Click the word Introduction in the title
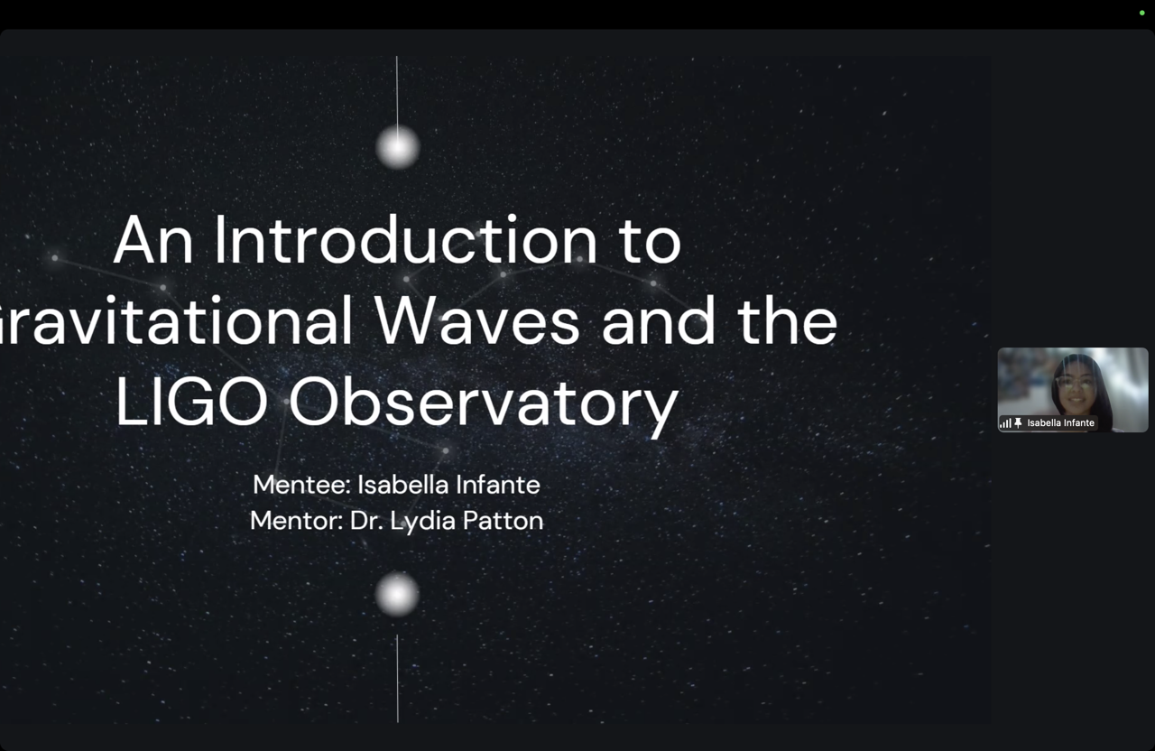click(x=405, y=241)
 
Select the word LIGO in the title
click(x=191, y=402)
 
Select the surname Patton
click(x=503, y=521)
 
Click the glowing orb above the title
click(x=398, y=147)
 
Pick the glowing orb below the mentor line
click(x=397, y=594)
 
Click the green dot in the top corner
click(x=1141, y=13)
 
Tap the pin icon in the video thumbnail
click(x=1018, y=423)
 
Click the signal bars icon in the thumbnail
click(x=1005, y=423)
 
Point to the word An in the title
click(x=153, y=241)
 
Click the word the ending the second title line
click(x=788, y=320)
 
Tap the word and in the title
click(x=659, y=320)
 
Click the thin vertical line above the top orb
click(x=397, y=91)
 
